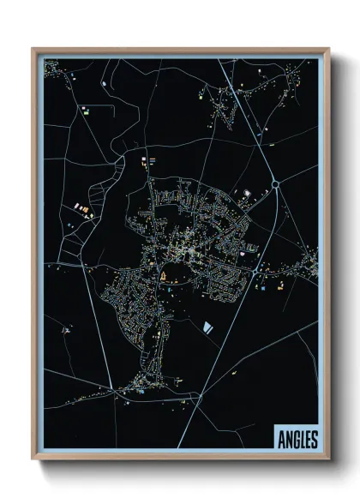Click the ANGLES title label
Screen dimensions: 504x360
coord(297,440)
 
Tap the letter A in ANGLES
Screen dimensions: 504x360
coord(282,440)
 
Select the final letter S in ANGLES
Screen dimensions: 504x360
coord(315,440)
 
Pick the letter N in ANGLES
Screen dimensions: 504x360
coord(288,440)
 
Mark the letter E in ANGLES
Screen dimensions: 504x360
coord(308,440)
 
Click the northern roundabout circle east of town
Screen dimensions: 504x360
coord(276,183)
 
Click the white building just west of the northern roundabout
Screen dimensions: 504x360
coord(247,194)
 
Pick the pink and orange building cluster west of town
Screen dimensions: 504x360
coord(83,208)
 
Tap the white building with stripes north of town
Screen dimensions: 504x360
coord(151,159)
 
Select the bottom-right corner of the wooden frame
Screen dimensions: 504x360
coord(329,461)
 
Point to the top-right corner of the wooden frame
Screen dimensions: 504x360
coord(329,49)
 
